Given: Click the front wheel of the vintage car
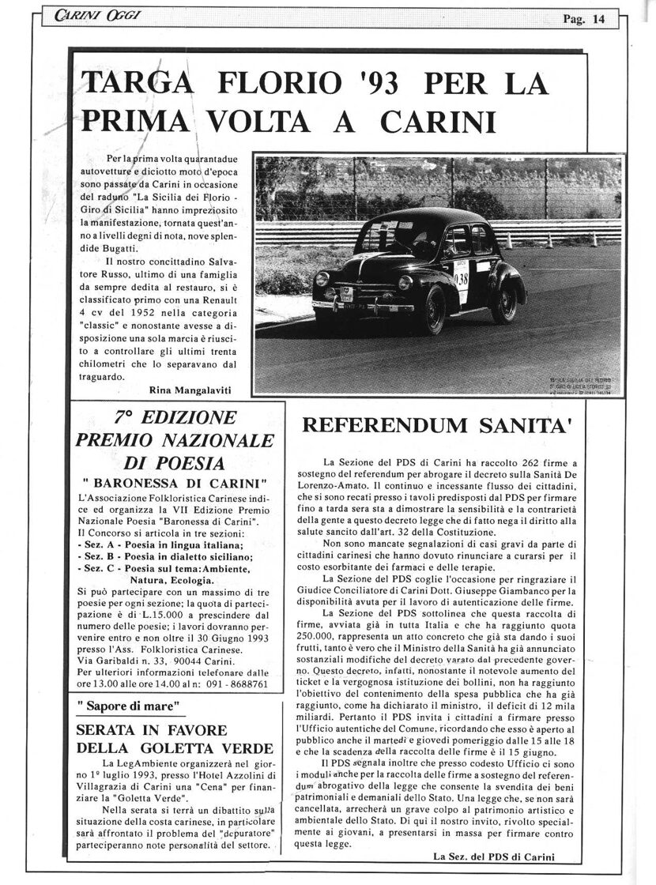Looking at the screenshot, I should pyautogui.click(x=432, y=310).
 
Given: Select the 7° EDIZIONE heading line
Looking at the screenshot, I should pyautogui.click(x=175, y=418).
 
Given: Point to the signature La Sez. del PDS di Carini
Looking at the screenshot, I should pyautogui.click(x=495, y=856).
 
